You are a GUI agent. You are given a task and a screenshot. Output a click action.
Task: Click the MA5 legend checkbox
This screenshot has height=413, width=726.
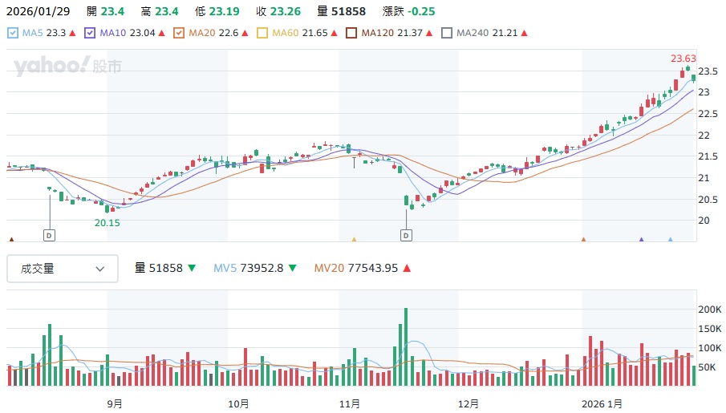click(x=13, y=33)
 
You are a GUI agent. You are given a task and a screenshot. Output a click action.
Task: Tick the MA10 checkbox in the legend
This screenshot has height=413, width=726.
click(x=90, y=33)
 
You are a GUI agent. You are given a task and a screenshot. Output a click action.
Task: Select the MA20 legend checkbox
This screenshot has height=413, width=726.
click(x=179, y=33)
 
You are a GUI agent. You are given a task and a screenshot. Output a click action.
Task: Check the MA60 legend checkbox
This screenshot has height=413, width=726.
click(x=262, y=33)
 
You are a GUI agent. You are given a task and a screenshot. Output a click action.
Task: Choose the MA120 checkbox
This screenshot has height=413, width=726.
click(x=351, y=33)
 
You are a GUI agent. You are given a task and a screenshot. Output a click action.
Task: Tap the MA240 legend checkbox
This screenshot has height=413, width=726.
click(x=447, y=33)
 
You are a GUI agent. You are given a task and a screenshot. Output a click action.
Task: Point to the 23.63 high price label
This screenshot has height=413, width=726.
click(x=683, y=59)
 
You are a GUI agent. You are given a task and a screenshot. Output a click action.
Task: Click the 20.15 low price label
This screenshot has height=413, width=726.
click(x=107, y=223)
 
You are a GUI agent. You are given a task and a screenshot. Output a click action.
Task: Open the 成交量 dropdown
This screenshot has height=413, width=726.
click(x=63, y=269)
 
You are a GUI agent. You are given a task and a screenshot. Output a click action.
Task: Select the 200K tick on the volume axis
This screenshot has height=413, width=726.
click(x=710, y=309)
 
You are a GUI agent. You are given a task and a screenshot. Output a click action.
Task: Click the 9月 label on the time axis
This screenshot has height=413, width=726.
click(x=115, y=403)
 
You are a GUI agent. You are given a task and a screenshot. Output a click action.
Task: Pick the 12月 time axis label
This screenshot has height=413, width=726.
click(x=468, y=403)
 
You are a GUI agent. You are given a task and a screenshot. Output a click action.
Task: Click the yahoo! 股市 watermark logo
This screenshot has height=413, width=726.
click(x=67, y=67)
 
